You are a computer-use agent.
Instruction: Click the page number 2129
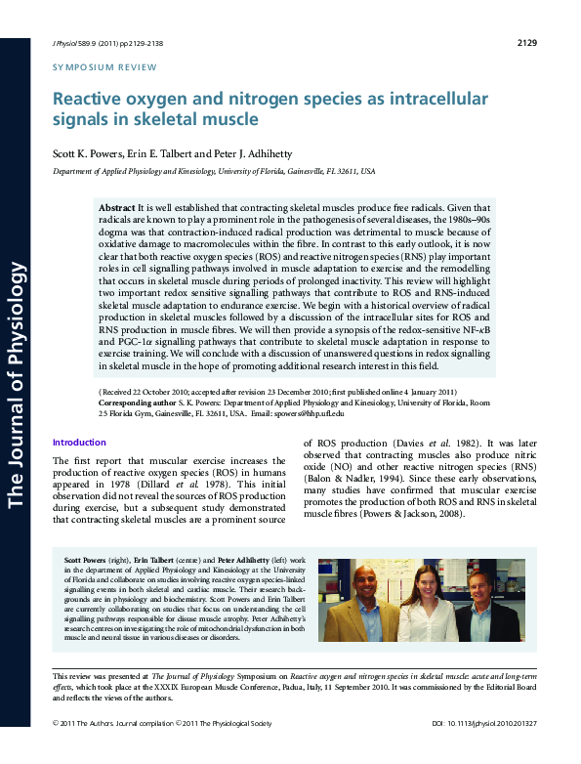point(526,43)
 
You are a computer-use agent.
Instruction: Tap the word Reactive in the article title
point(89,99)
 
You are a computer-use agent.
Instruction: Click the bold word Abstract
point(117,209)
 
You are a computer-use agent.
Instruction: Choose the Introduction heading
point(79,443)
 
